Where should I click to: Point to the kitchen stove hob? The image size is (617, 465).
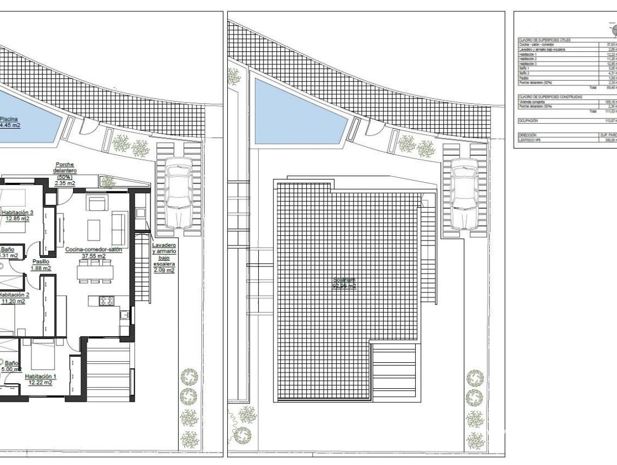click(106, 301)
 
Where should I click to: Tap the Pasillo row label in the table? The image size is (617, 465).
click(524, 78)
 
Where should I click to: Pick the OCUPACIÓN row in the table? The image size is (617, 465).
click(528, 121)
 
